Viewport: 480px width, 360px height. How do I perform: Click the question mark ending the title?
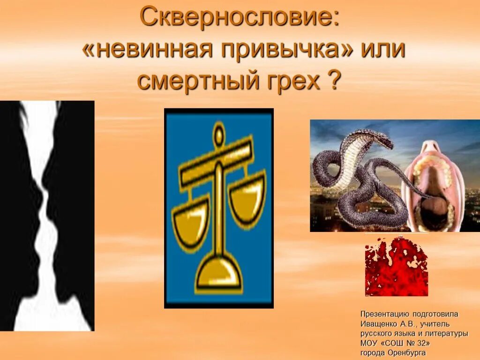332,81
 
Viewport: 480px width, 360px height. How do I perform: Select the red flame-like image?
397,267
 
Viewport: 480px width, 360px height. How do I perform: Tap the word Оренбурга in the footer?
407,352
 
